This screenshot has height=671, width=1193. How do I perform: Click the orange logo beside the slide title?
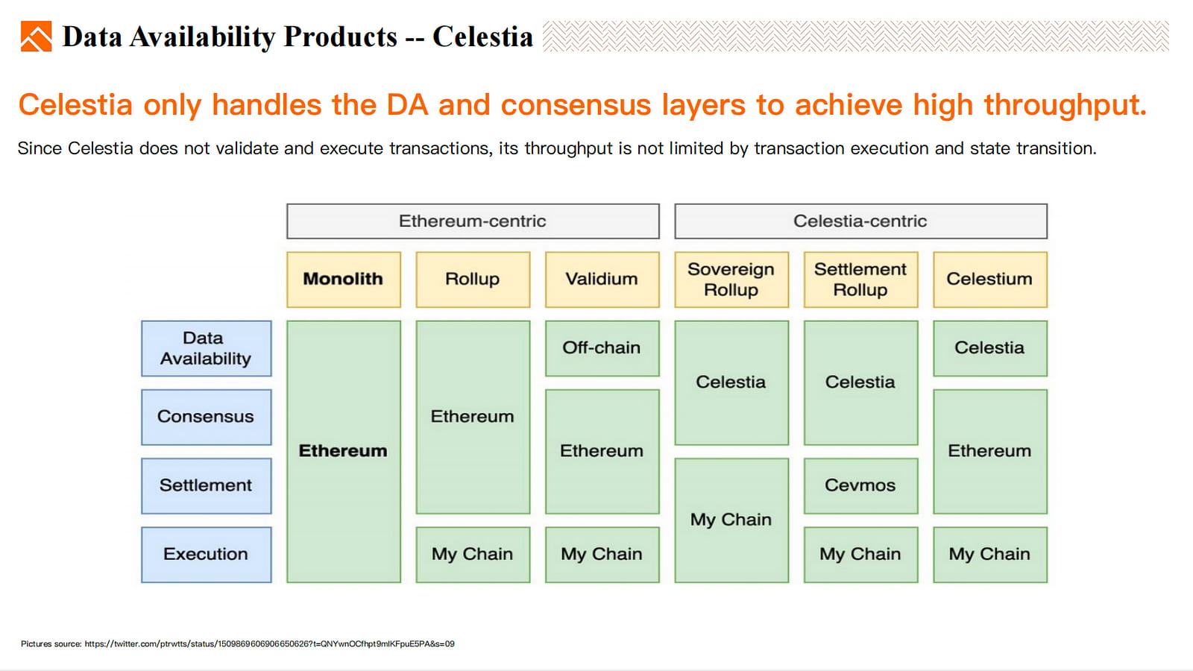(37, 37)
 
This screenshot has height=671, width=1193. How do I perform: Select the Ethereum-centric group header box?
(473, 221)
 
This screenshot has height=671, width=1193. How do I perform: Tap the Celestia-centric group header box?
(860, 221)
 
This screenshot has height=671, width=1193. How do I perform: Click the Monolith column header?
(344, 280)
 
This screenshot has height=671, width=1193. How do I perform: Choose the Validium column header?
(602, 280)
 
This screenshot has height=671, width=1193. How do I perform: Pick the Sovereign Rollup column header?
(731, 280)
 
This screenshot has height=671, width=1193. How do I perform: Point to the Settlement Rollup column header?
(860, 280)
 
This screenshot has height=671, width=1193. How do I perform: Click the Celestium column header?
(990, 280)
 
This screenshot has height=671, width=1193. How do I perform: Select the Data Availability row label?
(206, 348)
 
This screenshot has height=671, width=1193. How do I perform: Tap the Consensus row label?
(206, 417)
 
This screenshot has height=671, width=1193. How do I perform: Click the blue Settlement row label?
(206, 485)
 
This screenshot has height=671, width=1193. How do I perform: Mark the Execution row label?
(206, 555)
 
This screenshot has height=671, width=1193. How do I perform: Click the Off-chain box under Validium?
(602, 348)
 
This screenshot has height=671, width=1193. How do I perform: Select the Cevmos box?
(860, 485)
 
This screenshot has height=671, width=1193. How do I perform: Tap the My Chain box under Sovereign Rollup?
(731, 520)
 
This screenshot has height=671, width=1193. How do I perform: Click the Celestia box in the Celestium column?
(990, 348)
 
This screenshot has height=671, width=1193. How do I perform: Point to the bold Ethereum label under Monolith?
(343, 451)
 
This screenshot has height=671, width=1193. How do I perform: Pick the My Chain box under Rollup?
(473, 555)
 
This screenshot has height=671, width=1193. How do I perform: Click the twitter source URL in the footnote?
(269, 644)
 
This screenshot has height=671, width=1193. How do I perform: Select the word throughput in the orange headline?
(1065, 105)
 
